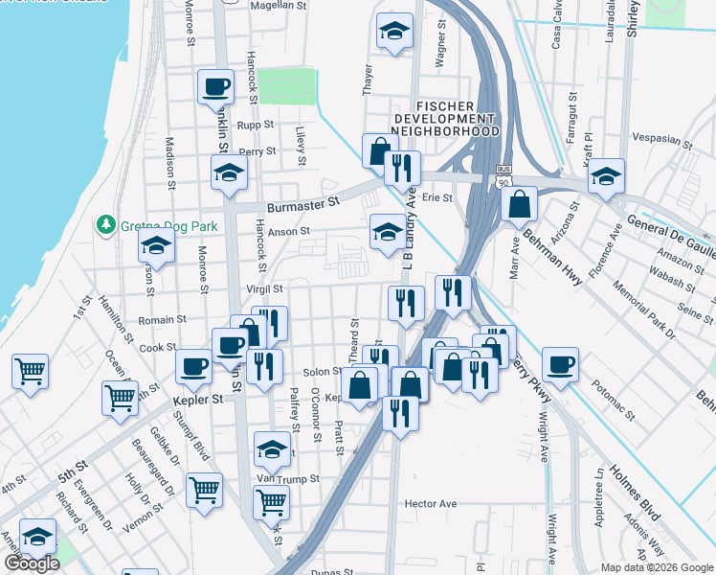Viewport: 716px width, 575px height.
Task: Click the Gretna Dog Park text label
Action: (x=168, y=226)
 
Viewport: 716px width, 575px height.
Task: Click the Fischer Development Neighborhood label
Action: (x=445, y=117)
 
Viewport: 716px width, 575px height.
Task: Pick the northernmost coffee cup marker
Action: (x=215, y=87)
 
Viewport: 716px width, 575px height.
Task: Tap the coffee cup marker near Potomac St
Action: (x=560, y=364)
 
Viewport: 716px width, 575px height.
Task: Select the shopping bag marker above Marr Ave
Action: (x=518, y=204)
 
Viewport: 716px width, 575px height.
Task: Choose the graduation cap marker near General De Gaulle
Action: (x=605, y=177)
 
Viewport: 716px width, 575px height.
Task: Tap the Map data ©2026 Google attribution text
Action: (x=657, y=566)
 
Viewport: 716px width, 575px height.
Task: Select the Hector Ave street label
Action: (x=431, y=503)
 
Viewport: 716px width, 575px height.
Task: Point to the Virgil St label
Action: (x=264, y=288)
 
